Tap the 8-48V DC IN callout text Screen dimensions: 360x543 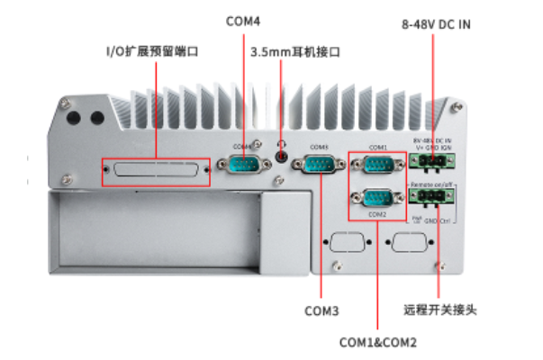tap(436, 24)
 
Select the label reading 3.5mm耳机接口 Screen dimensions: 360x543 tap(295, 52)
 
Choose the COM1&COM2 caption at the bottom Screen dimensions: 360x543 tap(378, 342)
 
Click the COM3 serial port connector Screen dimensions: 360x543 tap(320, 165)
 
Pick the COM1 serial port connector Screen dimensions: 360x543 tap(377, 164)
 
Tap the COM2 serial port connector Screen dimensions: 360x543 tap(377, 198)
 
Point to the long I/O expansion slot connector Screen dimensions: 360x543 tap(156, 168)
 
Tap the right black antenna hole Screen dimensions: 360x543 tap(96, 117)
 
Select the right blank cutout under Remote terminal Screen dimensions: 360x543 tap(404, 243)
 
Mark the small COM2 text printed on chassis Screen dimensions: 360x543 tap(376, 215)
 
